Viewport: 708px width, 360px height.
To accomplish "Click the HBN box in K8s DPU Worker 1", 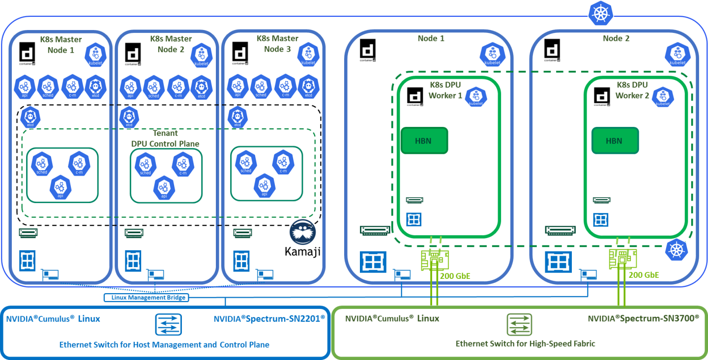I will pos(424,141).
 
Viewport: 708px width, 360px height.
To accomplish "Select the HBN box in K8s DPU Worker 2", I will pos(615,141).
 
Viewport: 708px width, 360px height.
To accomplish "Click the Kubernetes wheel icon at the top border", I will pos(599,14).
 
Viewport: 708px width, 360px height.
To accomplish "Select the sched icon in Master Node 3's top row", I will pos(261,87).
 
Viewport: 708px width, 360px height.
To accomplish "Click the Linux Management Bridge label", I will pos(146,298).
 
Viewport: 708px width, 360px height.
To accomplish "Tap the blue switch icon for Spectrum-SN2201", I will pos(169,325).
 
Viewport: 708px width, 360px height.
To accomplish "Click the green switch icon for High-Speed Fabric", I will pos(520,325).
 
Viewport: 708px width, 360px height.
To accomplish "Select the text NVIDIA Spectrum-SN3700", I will pos(643,319).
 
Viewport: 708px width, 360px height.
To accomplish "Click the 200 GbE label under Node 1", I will pos(455,276).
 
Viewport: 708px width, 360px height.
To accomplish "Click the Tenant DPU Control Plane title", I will pos(165,139).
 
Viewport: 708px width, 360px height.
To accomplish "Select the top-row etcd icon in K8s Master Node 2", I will pos(201,87).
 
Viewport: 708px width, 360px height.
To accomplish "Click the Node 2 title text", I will pos(616,38).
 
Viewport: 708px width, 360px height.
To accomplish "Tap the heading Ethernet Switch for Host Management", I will pos(164,345).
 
